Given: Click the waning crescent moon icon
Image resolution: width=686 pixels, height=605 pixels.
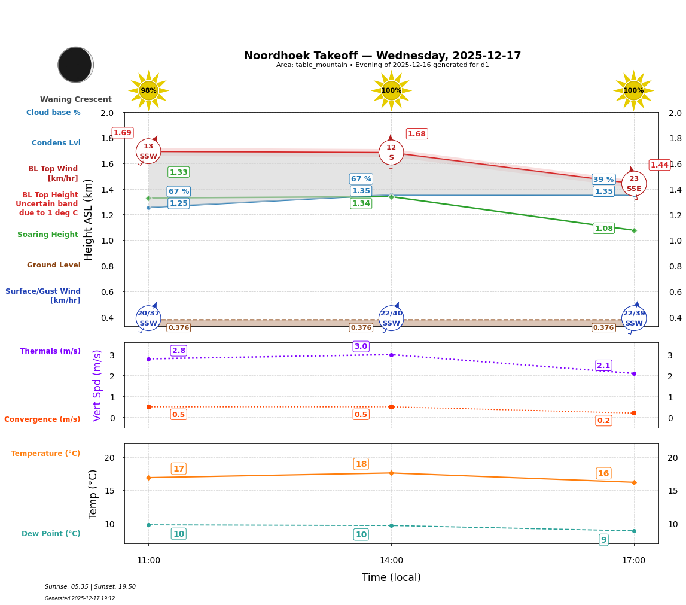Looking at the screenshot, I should [75, 65].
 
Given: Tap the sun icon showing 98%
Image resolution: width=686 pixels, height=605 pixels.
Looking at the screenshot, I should [148, 90].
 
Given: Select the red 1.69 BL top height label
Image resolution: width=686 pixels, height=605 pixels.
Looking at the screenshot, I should [123, 133].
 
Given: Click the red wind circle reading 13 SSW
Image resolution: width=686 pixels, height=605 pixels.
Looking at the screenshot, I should [148, 151].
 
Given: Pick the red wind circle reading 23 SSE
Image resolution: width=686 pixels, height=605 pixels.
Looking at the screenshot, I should [633, 183].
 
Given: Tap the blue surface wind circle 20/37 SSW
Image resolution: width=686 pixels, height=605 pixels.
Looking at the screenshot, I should [148, 318].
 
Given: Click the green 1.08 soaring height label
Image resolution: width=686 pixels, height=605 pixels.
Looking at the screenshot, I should [603, 229].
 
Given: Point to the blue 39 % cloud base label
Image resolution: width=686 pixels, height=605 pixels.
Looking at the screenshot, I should [603, 180].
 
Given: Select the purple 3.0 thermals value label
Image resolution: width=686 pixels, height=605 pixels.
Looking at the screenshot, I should [361, 346].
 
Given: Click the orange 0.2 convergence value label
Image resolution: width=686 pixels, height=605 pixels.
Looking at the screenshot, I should [603, 421].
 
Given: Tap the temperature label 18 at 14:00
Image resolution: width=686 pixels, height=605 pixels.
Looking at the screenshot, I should [361, 464].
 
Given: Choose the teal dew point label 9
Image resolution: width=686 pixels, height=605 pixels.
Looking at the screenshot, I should [603, 540].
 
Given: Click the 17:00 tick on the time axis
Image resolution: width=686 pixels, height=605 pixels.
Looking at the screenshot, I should [633, 561].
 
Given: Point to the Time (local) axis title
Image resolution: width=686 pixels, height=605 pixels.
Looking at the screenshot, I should [391, 577].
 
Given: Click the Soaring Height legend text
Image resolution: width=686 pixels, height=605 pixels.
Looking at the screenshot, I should [48, 235].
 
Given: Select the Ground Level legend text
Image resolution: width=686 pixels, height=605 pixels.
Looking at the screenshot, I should [54, 265].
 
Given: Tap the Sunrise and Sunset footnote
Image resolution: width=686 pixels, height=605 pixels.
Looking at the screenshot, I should [90, 587].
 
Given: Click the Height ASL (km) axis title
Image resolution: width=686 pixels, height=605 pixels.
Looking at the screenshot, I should [89, 220].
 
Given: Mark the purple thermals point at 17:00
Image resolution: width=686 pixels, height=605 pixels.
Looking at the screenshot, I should [634, 373].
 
